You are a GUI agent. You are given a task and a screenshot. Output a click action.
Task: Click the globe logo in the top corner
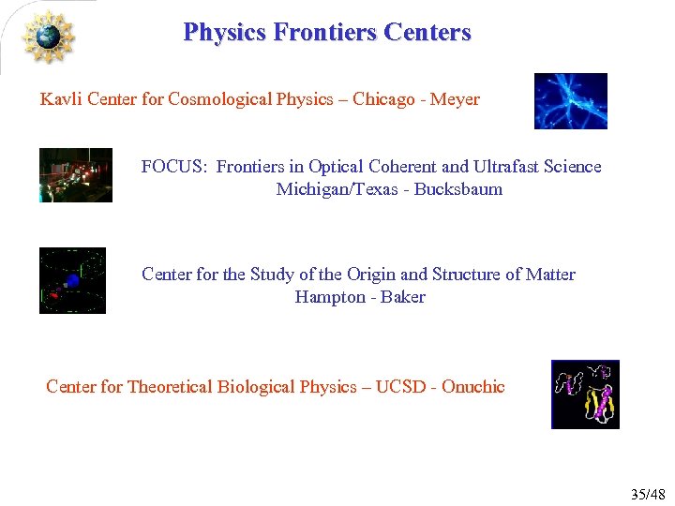click(x=47, y=37)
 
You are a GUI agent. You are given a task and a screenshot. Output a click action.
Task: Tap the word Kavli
click(x=61, y=99)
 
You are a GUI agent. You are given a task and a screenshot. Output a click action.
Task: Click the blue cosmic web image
click(x=570, y=101)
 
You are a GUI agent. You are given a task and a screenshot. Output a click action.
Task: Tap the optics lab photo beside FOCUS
click(x=76, y=175)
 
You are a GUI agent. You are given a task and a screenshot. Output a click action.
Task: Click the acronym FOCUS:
click(x=174, y=167)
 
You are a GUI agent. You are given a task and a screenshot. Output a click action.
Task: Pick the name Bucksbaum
click(x=458, y=189)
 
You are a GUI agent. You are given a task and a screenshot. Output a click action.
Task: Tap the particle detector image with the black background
click(x=72, y=280)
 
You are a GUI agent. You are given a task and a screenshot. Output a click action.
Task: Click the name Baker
click(x=403, y=297)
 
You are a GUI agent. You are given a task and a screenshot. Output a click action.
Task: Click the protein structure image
click(x=585, y=394)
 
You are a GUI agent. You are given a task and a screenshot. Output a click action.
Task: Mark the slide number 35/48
click(x=647, y=494)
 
